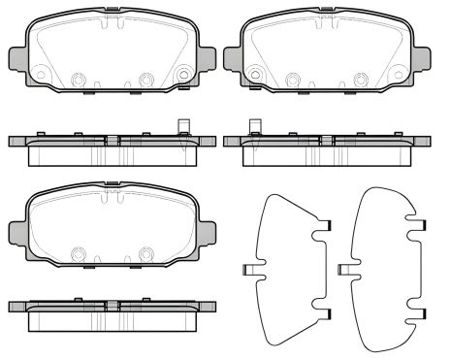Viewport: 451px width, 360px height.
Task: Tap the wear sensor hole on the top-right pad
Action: click(x=255, y=72)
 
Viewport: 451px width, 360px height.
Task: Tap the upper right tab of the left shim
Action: click(x=324, y=227)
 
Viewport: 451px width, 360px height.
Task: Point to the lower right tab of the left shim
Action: click(x=324, y=312)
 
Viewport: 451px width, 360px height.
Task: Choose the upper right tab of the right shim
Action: click(x=421, y=227)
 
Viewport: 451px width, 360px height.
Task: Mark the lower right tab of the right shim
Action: click(x=421, y=312)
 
